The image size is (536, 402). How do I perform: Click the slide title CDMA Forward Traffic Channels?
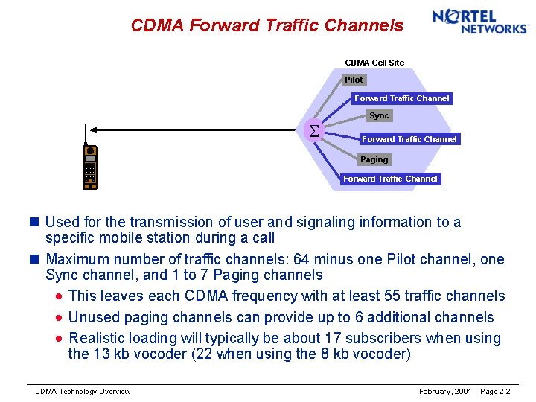267,25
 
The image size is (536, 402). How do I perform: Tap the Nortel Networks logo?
480,22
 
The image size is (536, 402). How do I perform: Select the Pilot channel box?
354,80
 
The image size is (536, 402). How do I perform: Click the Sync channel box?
379,115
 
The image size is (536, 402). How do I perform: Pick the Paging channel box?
374,159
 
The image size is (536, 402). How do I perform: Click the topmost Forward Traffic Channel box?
401,98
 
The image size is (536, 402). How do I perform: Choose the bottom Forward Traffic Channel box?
390,179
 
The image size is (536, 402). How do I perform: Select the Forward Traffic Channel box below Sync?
409,139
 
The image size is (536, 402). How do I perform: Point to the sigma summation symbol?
313,131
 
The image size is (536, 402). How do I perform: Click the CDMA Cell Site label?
374,63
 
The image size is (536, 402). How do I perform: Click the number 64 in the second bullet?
299,260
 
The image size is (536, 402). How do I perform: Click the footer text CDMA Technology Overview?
83,392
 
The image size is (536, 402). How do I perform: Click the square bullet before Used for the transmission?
36,222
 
